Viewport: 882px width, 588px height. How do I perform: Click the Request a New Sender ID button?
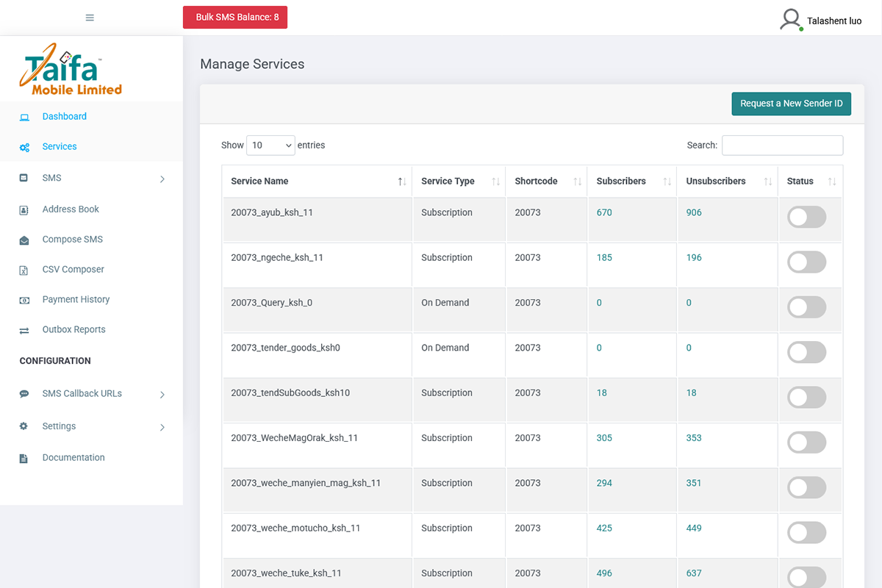pos(791,104)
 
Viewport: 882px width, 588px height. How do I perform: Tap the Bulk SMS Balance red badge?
pos(235,18)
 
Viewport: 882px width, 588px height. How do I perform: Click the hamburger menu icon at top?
pos(90,18)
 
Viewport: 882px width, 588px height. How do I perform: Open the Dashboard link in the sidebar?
pos(64,117)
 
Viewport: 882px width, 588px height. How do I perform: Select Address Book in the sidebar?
pos(71,209)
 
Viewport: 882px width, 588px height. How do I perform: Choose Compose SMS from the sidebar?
pos(72,240)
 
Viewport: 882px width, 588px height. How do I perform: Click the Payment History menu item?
pos(76,300)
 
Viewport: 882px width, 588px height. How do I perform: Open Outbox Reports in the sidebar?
pos(73,330)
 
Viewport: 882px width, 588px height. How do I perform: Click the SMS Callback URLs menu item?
pos(82,394)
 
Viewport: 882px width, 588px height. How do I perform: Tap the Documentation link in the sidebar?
pos(73,458)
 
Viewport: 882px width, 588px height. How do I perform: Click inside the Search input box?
pos(782,146)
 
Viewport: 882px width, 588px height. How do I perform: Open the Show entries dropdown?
pos(270,146)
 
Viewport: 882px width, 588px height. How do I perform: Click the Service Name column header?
pos(259,182)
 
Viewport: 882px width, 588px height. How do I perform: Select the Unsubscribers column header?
pos(715,182)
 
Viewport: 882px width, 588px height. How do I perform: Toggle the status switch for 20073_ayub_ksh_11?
pos(806,218)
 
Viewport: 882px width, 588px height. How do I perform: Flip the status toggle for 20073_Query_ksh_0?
pos(806,307)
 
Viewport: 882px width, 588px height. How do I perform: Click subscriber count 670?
pos(604,213)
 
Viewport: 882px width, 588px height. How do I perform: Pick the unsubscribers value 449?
pos(694,528)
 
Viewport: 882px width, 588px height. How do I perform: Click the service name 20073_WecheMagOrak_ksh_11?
pos(294,438)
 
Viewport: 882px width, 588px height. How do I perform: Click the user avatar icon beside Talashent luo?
pos(790,19)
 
